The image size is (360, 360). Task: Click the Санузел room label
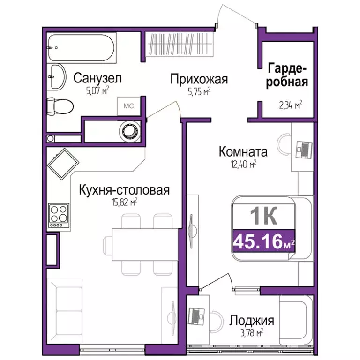97,78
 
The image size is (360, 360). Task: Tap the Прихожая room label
199,79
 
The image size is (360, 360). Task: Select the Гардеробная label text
288,75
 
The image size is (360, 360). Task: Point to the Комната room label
243,152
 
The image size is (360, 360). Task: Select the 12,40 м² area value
242,164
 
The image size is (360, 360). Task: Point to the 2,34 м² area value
289,105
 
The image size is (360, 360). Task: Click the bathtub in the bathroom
88,46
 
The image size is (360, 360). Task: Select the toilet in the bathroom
60,105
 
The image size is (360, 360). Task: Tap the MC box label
128,106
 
